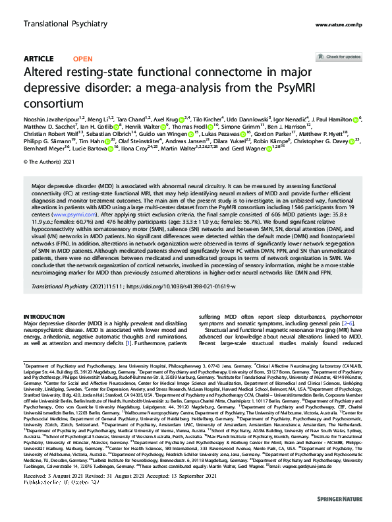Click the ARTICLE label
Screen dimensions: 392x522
click(x=38, y=59)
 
